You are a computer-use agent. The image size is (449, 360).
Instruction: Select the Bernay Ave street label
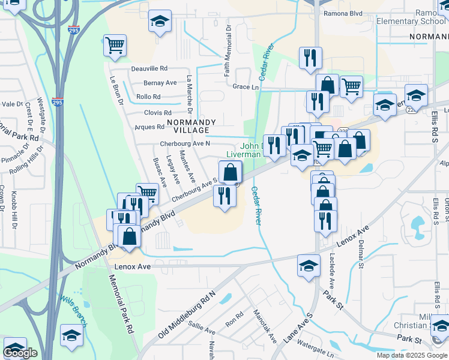[x=160, y=83]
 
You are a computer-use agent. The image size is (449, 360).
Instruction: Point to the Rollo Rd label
[x=148, y=97]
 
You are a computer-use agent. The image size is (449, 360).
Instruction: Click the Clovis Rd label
[x=158, y=112]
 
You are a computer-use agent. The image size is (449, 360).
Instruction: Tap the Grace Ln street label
[x=245, y=87]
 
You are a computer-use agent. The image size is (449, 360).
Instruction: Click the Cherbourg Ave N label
[x=185, y=143]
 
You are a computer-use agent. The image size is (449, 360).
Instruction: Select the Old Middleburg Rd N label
[x=187, y=316]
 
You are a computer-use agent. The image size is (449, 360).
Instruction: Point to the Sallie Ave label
[x=202, y=331]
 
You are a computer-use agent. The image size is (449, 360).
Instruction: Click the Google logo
[x=20, y=353]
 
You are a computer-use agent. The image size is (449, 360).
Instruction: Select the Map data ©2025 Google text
[x=411, y=355]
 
